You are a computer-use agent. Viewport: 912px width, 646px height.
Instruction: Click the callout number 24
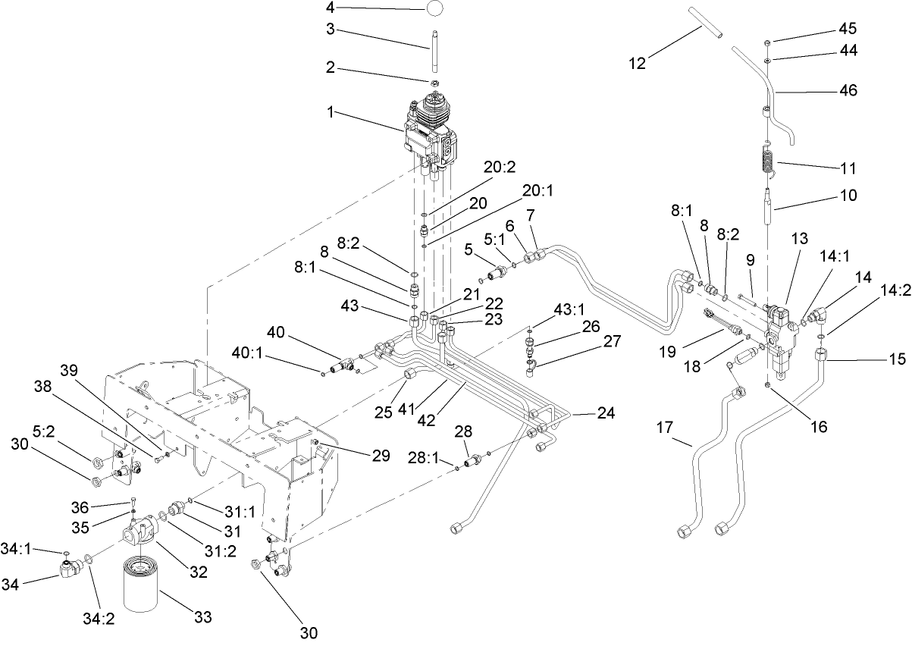(605, 414)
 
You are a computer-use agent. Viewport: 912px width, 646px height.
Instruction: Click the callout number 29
(381, 456)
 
